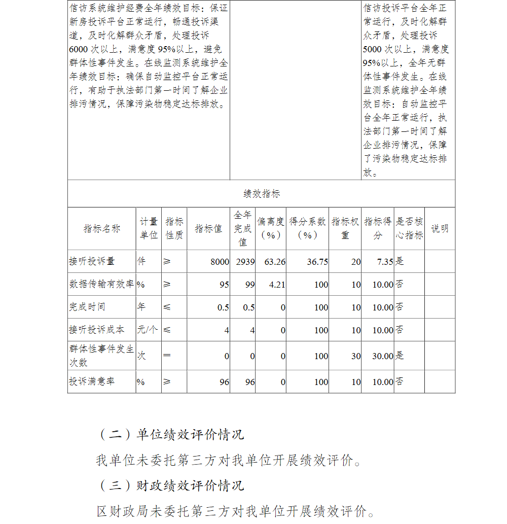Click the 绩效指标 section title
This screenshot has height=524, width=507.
tap(261, 194)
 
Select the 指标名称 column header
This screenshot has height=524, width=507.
tap(101, 229)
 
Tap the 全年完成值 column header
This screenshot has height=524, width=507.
tap(242, 229)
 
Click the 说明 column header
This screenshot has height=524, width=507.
tap(440, 229)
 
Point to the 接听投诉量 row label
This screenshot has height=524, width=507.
tap(92, 262)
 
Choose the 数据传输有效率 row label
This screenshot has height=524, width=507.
tap(101, 285)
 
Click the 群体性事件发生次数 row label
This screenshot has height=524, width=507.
tap(101, 356)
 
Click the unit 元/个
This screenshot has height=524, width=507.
tap(147, 330)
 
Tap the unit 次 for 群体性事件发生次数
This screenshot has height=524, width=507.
tap(141, 356)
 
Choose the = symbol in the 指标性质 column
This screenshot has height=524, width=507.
tap(167, 356)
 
